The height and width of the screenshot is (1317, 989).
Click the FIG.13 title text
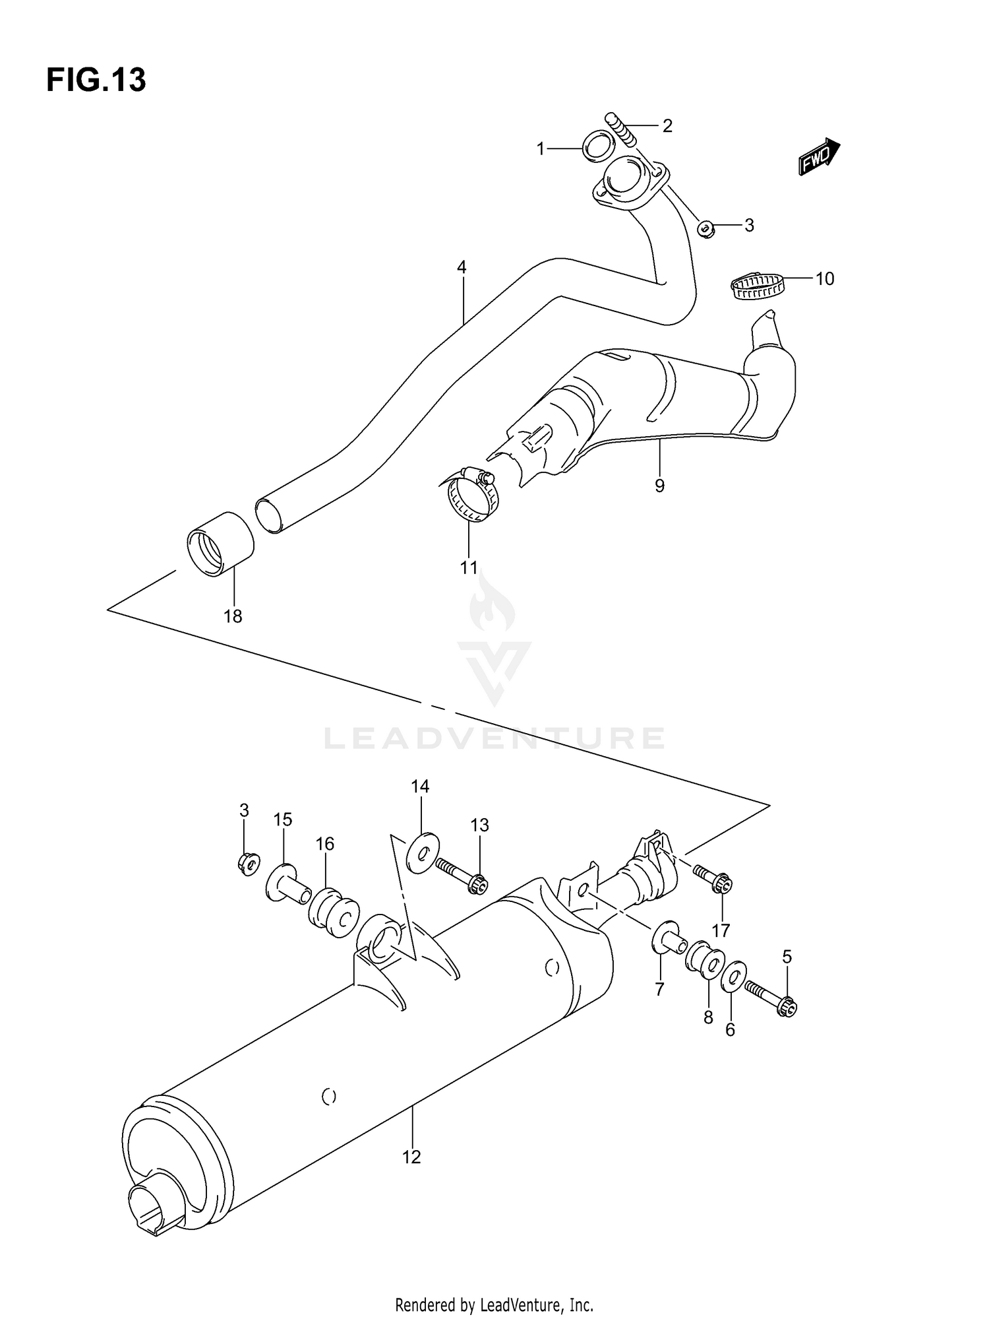[96, 80]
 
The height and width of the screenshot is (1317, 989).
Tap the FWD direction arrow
[818, 157]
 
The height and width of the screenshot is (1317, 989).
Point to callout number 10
[824, 279]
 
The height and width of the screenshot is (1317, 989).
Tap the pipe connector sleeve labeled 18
[220, 544]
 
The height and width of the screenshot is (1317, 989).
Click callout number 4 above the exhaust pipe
[462, 267]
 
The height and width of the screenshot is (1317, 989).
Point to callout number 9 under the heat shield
[659, 486]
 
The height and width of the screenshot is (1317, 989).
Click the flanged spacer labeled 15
[287, 884]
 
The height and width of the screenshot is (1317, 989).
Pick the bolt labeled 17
[713, 878]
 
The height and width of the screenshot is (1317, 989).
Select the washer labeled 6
[733, 977]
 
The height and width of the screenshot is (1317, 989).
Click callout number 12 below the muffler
[411, 1157]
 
